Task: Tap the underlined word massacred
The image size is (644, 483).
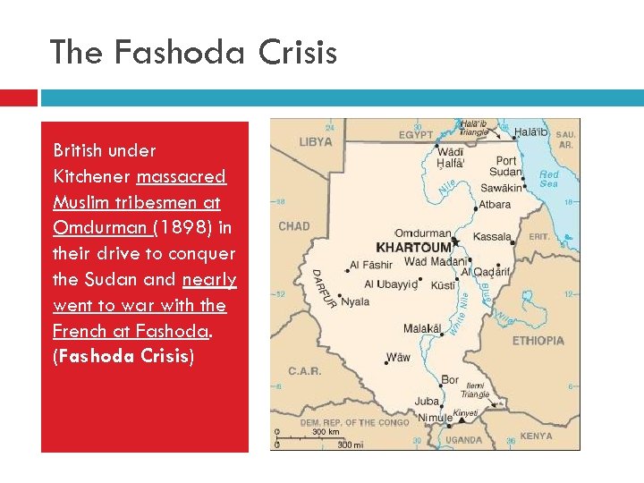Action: pyautogui.click(x=190, y=176)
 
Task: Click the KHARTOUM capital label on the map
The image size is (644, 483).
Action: pyautogui.click(x=412, y=245)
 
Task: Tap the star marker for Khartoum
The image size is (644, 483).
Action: pyautogui.click(x=454, y=242)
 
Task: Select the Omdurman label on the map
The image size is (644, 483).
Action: pyautogui.click(x=423, y=233)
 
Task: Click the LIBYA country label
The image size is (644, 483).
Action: pyautogui.click(x=316, y=142)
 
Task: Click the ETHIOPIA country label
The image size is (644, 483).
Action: pyautogui.click(x=538, y=341)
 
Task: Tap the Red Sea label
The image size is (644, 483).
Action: pyautogui.click(x=549, y=178)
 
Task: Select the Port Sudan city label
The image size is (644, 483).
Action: pyautogui.click(x=506, y=166)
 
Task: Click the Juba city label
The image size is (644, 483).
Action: pyautogui.click(x=428, y=402)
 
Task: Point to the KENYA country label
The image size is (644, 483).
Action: pyautogui.click(x=536, y=436)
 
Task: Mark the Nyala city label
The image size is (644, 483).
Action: pyautogui.click(x=355, y=301)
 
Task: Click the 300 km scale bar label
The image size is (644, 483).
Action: pyautogui.click(x=325, y=432)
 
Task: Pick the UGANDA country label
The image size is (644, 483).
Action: pyautogui.click(x=463, y=440)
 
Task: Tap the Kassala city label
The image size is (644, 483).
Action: pyautogui.click(x=492, y=237)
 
